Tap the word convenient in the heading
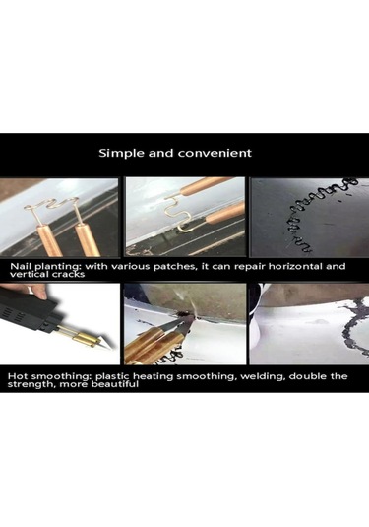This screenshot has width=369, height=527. pos(215,153)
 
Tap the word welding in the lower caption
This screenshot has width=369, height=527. pos(263,376)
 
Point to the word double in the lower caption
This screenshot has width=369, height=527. pos(307,375)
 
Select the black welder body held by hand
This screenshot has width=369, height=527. pos(27,312)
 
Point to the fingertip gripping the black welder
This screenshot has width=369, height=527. pos(41,294)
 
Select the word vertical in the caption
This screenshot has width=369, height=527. pos(30,274)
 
